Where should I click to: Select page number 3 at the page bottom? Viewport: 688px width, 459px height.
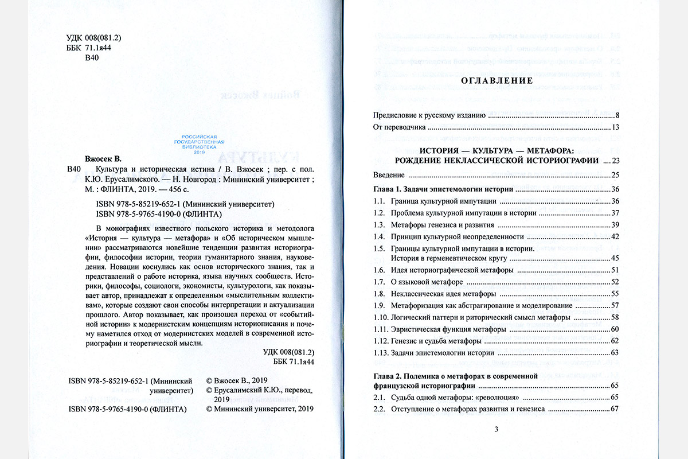(497, 429)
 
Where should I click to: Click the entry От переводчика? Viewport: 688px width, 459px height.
(399, 127)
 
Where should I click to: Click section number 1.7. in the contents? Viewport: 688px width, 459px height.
(379, 281)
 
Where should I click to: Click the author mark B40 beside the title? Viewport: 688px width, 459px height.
(75, 169)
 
